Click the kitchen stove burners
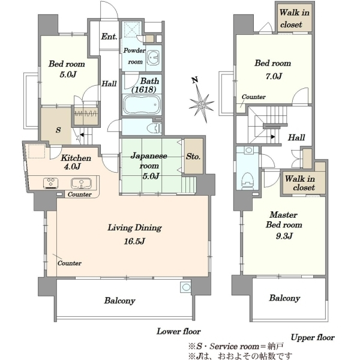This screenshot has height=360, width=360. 50,183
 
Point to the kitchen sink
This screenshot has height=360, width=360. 81,183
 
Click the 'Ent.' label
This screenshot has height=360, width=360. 109,36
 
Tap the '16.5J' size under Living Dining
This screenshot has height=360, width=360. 134,241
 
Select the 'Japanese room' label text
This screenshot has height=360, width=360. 149,160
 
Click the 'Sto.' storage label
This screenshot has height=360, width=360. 193,157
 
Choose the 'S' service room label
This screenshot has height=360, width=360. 58,130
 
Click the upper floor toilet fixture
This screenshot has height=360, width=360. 247,181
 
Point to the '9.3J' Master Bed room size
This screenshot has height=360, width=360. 284,236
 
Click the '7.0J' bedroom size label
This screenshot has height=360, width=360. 274,76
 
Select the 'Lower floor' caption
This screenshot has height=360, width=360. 179,331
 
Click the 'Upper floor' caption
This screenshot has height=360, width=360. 313,337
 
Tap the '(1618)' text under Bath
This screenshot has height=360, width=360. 144,89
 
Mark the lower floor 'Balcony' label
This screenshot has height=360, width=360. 119,301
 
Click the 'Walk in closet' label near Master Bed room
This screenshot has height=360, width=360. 300,183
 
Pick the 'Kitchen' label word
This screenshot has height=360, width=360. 76,158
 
